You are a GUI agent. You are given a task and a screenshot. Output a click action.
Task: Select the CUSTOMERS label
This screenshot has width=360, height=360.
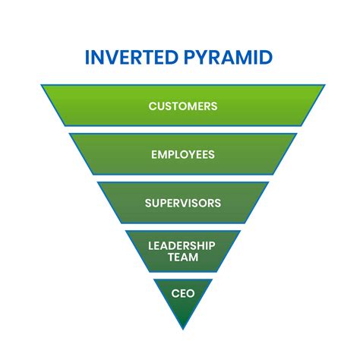tap(182, 106)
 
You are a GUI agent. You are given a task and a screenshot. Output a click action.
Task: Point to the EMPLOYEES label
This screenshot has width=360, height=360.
tap(182, 154)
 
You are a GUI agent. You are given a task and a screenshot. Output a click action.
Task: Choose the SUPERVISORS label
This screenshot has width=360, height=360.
tap(182, 203)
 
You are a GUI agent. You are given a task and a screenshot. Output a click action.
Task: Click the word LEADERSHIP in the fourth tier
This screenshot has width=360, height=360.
tap(182, 245)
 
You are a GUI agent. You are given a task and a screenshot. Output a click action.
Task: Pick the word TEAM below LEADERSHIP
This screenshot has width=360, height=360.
tap(182, 257)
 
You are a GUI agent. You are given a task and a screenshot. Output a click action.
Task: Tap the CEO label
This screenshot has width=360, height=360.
tap(182, 292)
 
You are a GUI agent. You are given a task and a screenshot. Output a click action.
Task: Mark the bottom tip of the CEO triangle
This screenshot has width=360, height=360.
tap(182, 328)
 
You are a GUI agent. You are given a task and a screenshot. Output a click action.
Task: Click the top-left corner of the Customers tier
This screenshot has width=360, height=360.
tap(43, 86)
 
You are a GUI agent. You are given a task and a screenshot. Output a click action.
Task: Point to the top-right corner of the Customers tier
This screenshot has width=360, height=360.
tap(324, 86)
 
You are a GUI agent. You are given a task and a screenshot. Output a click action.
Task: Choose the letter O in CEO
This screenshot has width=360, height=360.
tap(191, 292)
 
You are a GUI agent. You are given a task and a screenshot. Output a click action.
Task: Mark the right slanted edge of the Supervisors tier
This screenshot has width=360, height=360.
tap(258, 203)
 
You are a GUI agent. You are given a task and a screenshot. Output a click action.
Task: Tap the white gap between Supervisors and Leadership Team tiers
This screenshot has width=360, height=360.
tap(182, 227)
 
